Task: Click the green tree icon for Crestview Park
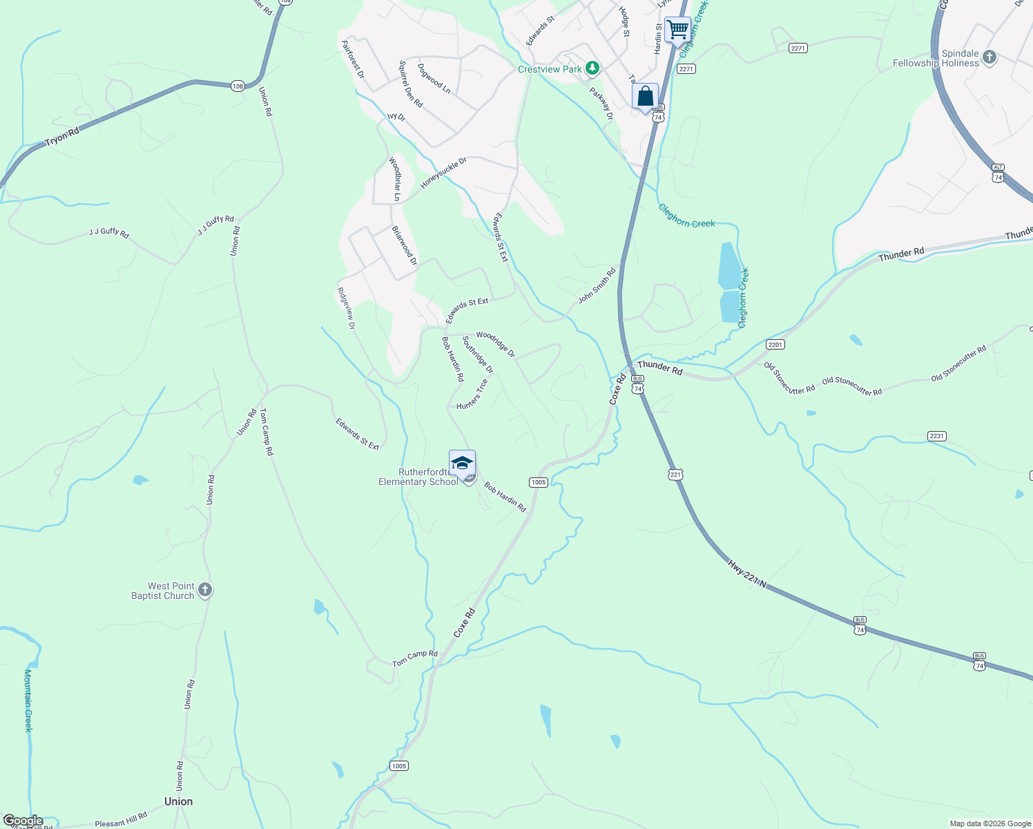pyautogui.click(x=592, y=68)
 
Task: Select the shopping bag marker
pyautogui.click(x=645, y=97)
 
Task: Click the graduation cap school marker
pyautogui.click(x=462, y=464)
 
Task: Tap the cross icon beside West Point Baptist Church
pyautogui.click(x=204, y=590)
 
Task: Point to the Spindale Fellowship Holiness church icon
pyautogui.click(x=989, y=57)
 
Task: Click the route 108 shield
pyautogui.click(x=238, y=86)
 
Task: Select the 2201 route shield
pyautogui.click(x=775, y=344)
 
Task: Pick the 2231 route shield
pyautogui.click(x=936, y=436)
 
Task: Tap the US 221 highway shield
pyautogui.click(x=675, y=474)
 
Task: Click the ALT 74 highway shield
pyautogui.click(x=998, y=173)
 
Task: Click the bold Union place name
pyautogui.click(x=178, y=801)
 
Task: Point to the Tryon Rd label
pyautogui.click(x=62, y=136)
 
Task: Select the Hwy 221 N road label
pyautogui.click(x=746, y=573)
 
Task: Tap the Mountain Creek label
pyautogui.click(x=28, y=699)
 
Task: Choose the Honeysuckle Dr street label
pyautogui.click(x=444, y=173)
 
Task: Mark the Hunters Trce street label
pyautogui.click(x=472, y=394)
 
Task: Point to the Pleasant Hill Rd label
pyautogui.click(x=121, y=819)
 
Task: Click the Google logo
pyautogui.click(x=23, y=821)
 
